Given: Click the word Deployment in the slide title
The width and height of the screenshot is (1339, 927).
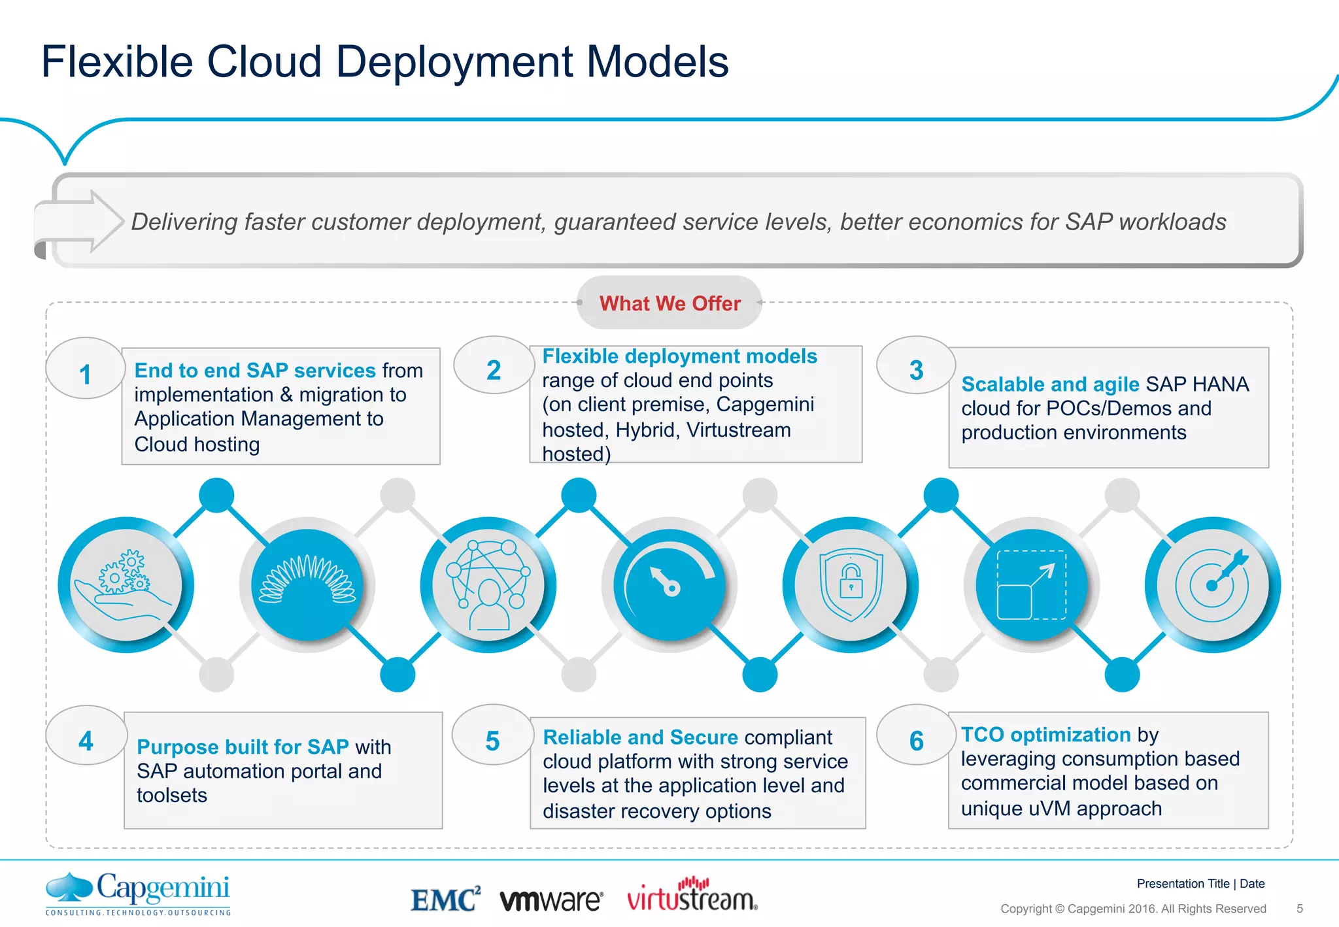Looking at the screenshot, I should point(455,63).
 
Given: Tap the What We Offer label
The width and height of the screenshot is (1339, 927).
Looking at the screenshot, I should point(669,303).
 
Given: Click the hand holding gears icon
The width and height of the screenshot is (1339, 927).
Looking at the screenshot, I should point(126,585).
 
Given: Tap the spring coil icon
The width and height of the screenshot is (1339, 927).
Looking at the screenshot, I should point(307,585).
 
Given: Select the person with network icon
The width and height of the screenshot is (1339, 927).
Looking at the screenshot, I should point(488,585).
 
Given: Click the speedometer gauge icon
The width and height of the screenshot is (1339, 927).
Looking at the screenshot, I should point(669,585).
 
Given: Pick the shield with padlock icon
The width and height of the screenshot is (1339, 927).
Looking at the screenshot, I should point(851,585).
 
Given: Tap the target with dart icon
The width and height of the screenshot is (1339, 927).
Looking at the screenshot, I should point(1213,585).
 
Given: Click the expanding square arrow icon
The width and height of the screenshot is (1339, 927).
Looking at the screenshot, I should point(1032,585).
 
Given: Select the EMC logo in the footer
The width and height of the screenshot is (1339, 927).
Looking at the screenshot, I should point(445,900).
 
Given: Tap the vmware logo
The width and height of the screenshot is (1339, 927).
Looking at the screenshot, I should point(551,900).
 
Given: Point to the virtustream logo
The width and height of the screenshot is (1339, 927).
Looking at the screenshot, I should point(692,896).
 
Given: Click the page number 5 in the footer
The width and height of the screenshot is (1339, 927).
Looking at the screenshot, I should point(1300,908).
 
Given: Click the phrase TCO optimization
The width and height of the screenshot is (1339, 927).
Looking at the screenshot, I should point(1045,734).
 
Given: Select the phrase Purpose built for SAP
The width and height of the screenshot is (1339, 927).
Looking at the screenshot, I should point(243,747).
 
